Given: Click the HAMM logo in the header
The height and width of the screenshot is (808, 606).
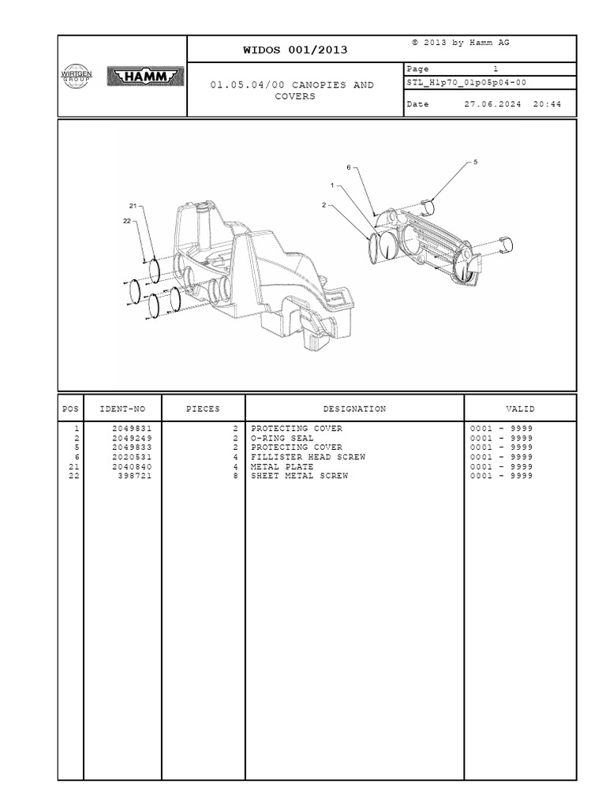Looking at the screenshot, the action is coord(144,77).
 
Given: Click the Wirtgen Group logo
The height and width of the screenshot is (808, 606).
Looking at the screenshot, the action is coord(77,76).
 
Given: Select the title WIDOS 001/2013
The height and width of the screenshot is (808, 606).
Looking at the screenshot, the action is coord(296,50).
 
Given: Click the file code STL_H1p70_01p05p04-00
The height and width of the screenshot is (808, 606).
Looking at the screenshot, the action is coord(466,81).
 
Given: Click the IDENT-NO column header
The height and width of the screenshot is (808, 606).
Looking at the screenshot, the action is coord(122,410).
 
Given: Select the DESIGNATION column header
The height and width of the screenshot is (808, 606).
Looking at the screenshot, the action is coord(354,410).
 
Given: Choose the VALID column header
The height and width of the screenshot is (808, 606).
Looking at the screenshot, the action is coord(520,410).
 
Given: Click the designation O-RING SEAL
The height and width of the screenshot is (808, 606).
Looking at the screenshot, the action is coord(282,438).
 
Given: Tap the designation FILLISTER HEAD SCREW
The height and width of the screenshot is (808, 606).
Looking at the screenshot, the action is coord(308,457).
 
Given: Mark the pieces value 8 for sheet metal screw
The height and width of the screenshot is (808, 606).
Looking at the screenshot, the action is coord(235,476).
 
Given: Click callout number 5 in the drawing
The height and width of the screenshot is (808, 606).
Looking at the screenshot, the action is coord(475,162).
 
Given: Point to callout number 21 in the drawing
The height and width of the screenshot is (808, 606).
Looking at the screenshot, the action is coord(133,207).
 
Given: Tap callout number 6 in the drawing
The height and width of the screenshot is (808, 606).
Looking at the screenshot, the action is coord(348,167).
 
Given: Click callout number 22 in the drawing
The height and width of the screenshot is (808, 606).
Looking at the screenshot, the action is coord(126,222).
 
